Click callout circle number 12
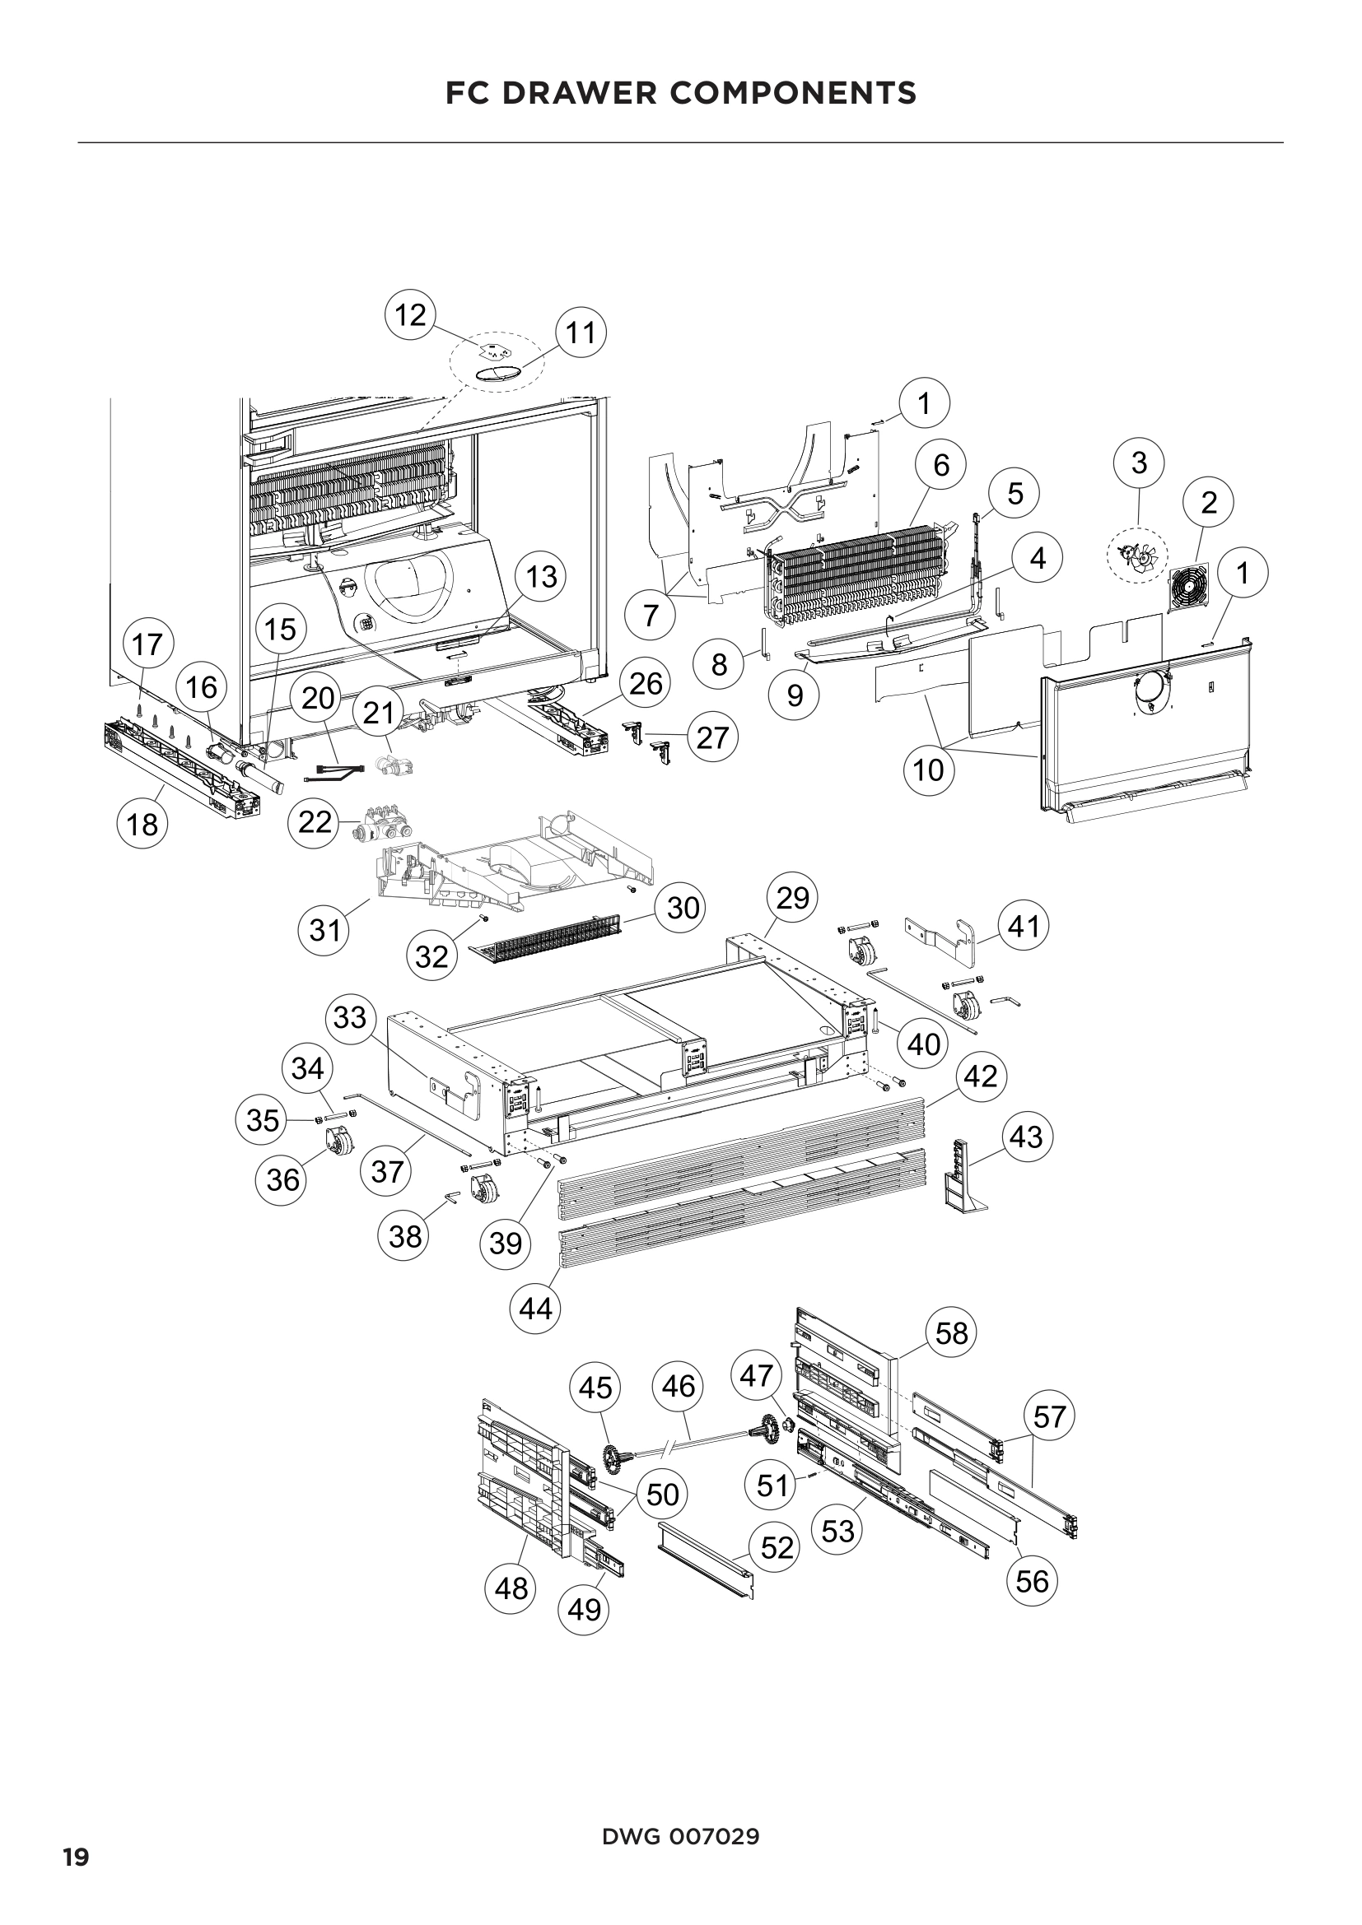pos(410,315)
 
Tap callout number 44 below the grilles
pos(536,1307)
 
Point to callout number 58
pos(952,1332)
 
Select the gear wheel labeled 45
pos(618,1458)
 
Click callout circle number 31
pos(324,929)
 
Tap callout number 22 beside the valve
pos(315,821)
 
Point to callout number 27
pos(712,737)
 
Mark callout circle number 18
pos(142,824)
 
